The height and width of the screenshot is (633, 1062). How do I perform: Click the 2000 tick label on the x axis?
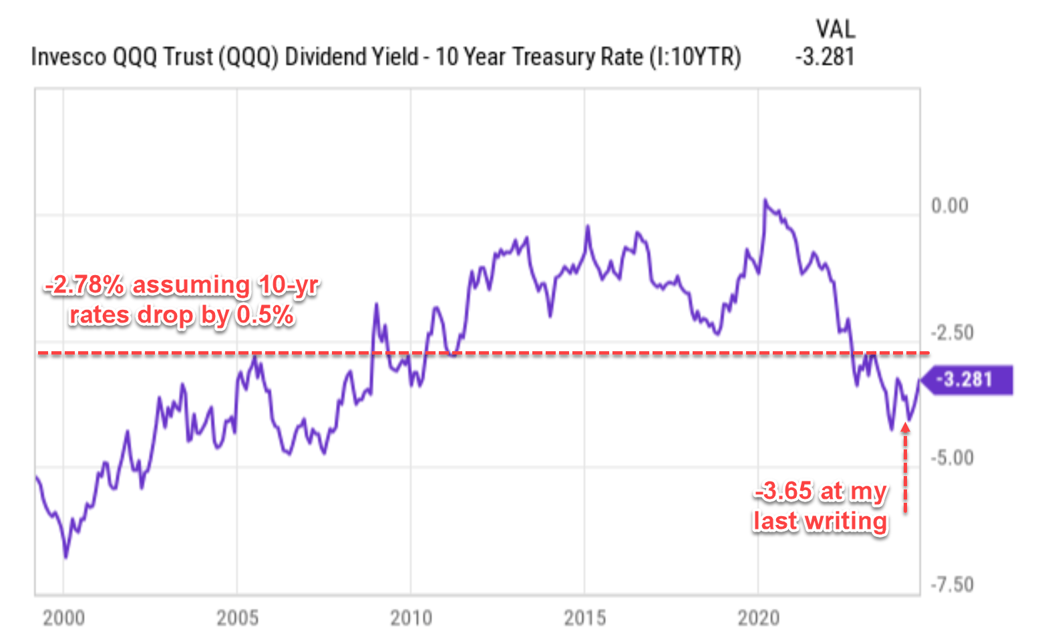(63, 618)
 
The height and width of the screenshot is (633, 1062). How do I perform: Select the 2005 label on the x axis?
(237, 618)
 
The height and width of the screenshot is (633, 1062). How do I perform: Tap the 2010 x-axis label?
(411, 618)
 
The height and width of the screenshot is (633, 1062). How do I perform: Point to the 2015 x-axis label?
(584, 618)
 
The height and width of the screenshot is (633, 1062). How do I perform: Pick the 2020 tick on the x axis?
(758, 618)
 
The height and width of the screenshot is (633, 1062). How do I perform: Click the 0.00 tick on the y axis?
(949, 206)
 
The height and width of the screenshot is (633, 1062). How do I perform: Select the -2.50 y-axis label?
(952, 332)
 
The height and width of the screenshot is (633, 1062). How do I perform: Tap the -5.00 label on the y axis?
(952, 458)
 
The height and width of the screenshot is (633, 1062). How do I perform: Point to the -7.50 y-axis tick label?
(952, 584)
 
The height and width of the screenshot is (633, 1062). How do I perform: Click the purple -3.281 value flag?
(970, 380)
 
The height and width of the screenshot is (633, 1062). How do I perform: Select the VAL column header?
(835, 29)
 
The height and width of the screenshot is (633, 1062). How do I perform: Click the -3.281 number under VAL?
(825, 57)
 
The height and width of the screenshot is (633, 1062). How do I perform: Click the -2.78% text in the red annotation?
(85, 285)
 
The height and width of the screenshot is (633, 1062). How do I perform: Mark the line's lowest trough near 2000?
(65, 556)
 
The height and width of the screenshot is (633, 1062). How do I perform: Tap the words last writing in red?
(820, 521)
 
